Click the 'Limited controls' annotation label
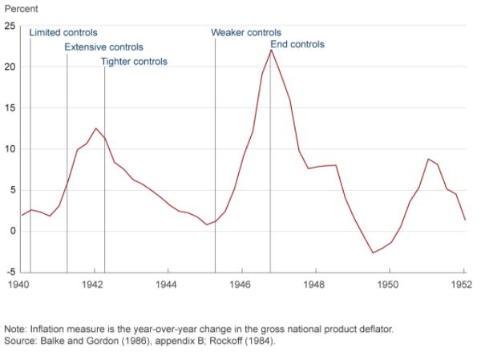[63, 33]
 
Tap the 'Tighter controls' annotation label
[134, 62]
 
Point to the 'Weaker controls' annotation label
[246, 33]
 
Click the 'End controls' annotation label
[297, 45]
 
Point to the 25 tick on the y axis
[10, 26]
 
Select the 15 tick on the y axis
[10, 108]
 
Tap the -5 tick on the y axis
[10, 273]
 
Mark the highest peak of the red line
[271, 51]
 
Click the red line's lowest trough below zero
[372, 253]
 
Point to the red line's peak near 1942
[95, 128]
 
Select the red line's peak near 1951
[429, 160]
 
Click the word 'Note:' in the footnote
[16, 329]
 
